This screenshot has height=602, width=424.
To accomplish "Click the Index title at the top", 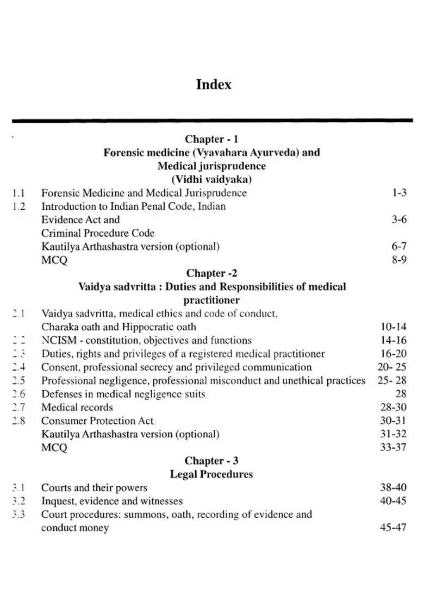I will pyautogui.click(x=214, y=85).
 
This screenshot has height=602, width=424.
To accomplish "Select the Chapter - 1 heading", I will pyautogui.click(x=211, y=139).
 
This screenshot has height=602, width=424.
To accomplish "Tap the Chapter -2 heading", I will pyautogui.click(x=211, y=273).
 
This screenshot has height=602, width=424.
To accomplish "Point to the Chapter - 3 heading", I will pyautogui.click(x=211, y=461).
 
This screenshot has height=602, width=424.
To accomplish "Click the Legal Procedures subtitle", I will pyautogui.click(x=211, y=474).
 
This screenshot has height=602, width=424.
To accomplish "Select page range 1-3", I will pyautogui.click(x=399, y=193).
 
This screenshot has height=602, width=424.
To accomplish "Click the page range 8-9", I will pyautogui.click(x=399, y=260).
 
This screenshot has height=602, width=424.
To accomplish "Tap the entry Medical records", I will pyautogui.click(x=77, y=407).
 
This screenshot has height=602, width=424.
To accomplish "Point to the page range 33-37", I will pyautogui.click(x=393, y=448).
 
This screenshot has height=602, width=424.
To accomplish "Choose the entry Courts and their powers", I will pyautogui.click(x=94, y=488).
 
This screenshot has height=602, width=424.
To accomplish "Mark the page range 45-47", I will pyautogui.click(x=393, y=528).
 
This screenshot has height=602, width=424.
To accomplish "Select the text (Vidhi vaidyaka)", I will pyautogui.click(x=211, y=179).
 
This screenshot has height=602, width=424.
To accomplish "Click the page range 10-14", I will pyautogui.click(x=393, y=327).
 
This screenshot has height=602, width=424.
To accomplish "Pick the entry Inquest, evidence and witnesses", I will pyautogui.click(x=112, y=501).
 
